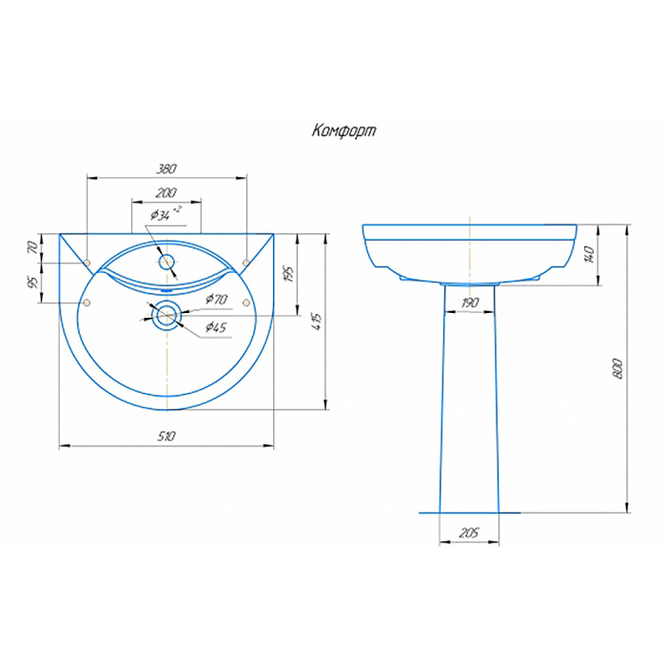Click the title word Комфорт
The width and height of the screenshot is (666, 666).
point(343,131)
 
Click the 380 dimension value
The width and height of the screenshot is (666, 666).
point(166,168)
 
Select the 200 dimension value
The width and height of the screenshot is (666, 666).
point(166,193)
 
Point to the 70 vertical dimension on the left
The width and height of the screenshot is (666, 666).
point(32,247)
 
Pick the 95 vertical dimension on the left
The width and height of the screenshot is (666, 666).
point(32,283)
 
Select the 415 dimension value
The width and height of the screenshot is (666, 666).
point(319,321)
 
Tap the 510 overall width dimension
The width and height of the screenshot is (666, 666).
point(166,436)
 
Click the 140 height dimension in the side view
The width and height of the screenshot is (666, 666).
point(589,254)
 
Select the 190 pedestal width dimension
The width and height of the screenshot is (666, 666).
point(469,303)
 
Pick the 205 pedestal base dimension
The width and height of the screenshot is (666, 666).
point(469,533)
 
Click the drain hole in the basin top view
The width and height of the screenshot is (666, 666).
point(166,315)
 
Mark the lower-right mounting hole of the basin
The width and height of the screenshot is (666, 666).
point(245,303)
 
